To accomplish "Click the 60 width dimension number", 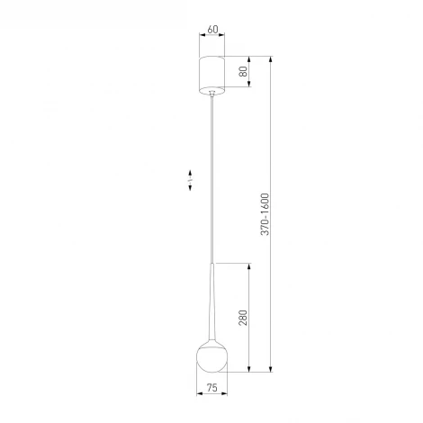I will coord(212,29).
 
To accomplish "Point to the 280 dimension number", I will coord(244,318).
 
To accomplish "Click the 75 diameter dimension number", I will coord(212,388).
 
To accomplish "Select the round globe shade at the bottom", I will coord(212,355).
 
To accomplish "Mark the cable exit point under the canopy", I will coord(212,93).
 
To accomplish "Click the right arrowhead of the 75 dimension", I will coord(226,395).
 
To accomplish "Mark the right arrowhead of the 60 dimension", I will coord(224,37).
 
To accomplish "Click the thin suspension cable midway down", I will coord(212,180).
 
